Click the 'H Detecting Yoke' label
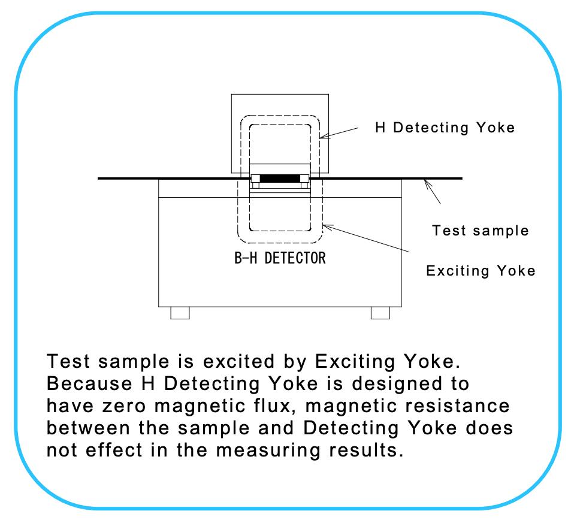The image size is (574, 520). [x=445, y=128]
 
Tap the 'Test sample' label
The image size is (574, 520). [x=481, y=230]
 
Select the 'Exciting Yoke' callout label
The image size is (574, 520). [x=481, y=271]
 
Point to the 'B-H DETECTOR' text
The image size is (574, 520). [x=280, y=259]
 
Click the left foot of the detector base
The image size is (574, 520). [x=180, y=313]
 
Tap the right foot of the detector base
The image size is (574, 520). [x=380, y=313]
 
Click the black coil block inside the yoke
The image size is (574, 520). [x=280, y=179]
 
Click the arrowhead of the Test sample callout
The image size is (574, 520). [x=426, y=182]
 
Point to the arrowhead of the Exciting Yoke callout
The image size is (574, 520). [x=325, y=225]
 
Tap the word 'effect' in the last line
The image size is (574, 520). [x=111, y=449]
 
